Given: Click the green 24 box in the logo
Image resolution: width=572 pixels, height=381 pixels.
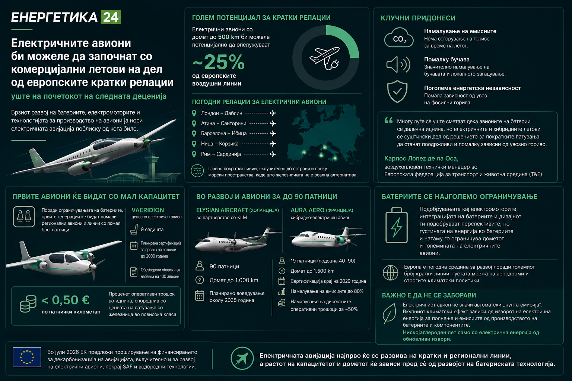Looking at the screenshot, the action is [111, 17].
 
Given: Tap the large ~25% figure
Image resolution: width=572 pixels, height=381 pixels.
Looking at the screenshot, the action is [219, 62].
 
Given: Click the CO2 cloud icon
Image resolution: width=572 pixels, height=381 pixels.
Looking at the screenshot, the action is [398, 38].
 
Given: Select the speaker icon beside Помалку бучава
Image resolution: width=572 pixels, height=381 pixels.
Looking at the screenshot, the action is [398, 64].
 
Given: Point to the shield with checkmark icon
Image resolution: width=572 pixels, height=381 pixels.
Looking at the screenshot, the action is [397, 92].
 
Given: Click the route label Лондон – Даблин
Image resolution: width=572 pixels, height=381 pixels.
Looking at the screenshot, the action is [222, 113].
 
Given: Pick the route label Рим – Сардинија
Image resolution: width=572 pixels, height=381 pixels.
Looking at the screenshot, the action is [221, 154].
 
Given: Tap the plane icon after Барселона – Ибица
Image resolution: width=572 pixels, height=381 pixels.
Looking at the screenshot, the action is [273, 134].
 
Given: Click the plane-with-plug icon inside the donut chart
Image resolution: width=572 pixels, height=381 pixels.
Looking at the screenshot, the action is [325, 58].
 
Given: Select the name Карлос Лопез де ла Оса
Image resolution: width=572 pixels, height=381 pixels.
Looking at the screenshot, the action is [421, 159].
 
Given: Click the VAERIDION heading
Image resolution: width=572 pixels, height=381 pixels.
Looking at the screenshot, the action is [147, 210].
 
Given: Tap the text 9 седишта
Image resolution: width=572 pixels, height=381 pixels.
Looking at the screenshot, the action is [152, 230].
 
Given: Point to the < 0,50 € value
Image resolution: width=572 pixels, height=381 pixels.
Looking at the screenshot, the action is [66, 300].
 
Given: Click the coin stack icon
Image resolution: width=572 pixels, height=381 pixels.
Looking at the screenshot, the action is [28, 303].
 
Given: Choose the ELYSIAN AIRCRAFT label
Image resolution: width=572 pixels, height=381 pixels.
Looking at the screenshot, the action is [222, 210].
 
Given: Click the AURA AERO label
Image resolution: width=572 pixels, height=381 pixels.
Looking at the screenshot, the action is [308, 210].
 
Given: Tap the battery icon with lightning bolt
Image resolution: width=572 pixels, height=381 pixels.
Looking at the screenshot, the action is [396, 225].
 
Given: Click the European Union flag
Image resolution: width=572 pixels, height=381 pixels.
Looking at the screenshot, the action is [27, 357].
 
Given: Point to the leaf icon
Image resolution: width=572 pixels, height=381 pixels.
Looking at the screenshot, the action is [389, 314].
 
